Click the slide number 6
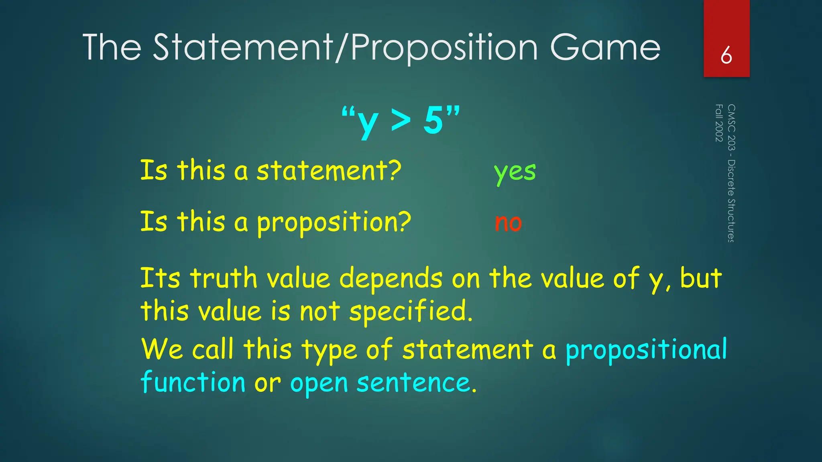(726, 55)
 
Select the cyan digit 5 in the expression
(433, 120)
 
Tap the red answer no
(508, 223)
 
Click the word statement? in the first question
(329, 170)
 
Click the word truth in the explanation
(224, 278)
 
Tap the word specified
(411, 312)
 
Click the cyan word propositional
(646, 349)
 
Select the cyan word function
(193, 382)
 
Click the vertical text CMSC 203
(731, 127)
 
